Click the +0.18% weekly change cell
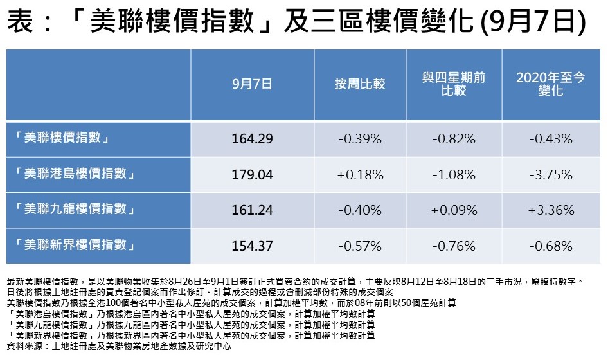360,175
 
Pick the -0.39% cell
360,139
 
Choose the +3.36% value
550,210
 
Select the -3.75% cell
550,175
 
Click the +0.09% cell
454,210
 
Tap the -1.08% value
454,175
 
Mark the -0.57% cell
360,246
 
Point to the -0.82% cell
454,139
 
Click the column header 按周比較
360,84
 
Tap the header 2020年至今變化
550,84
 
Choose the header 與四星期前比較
454,84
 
